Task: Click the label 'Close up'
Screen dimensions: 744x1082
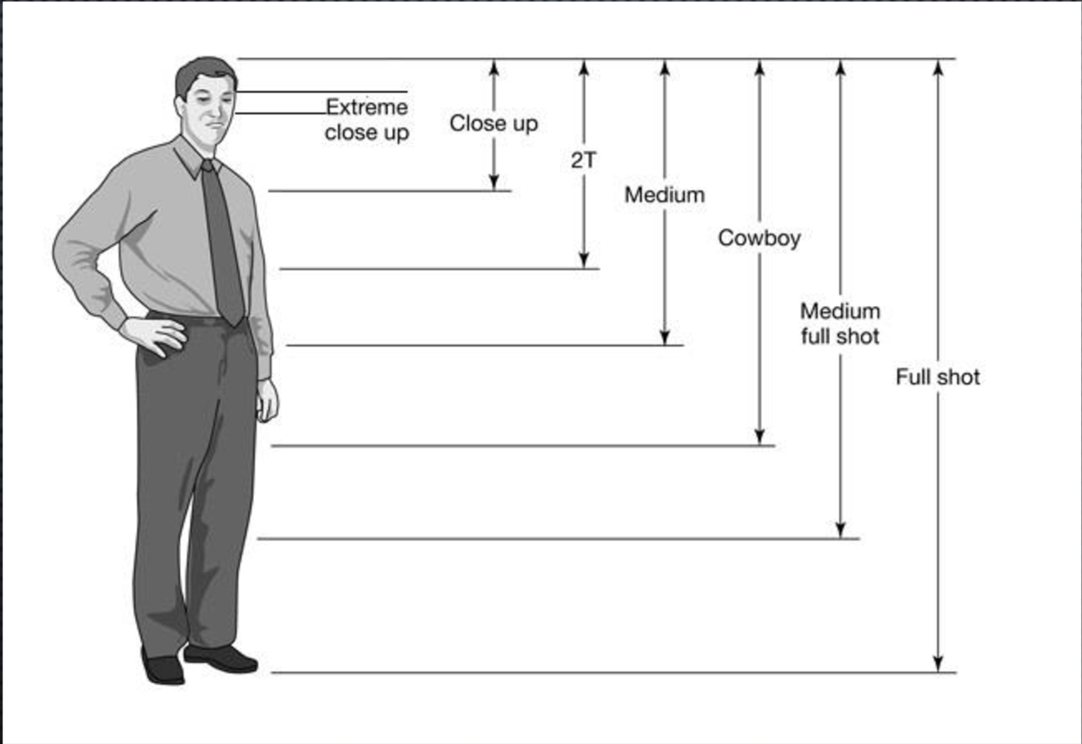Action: (493, 123)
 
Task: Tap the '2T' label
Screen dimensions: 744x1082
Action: (583, 160)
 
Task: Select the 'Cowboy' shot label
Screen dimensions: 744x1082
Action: (759, 238)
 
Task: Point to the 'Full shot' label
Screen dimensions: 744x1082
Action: (938, 377)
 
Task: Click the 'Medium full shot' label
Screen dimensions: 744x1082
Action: (840, 323)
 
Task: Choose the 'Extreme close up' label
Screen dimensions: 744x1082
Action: (367, 119)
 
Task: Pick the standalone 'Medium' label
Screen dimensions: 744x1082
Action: (664, 195)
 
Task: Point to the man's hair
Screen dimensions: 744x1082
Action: (203, 73)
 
